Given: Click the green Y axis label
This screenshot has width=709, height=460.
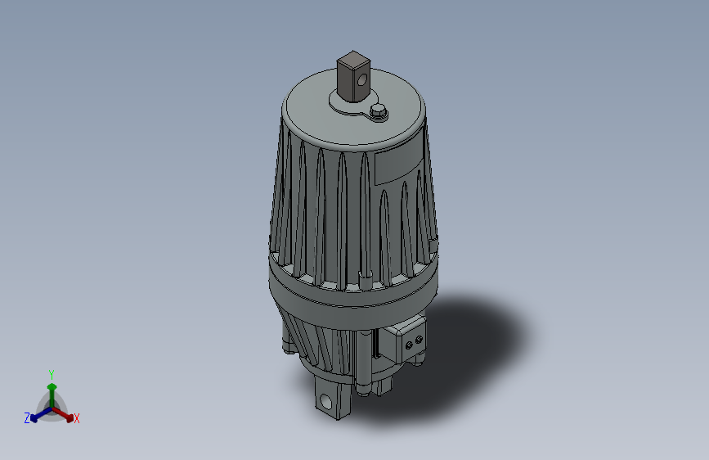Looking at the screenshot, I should pyautogui.click(x=52, y=372).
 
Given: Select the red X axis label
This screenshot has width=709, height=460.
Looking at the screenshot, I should pyautogui.click(x=77, y=419).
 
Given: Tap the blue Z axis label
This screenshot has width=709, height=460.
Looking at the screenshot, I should pyautogui.click(x=27, y=418).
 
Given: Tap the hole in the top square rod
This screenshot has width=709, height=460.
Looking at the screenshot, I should pyautogui.click(x=361, y=79).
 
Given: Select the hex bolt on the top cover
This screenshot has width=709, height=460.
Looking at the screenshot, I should pyautogui.click(x=378, y=110).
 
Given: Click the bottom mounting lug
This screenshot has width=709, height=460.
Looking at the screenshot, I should pyautogui.click(x=331, y=399).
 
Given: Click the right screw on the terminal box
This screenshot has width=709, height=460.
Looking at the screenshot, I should pyautogui.click(x=420, y=338).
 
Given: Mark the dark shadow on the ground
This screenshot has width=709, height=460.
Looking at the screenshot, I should pyautogui.click(x=474, y=344).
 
